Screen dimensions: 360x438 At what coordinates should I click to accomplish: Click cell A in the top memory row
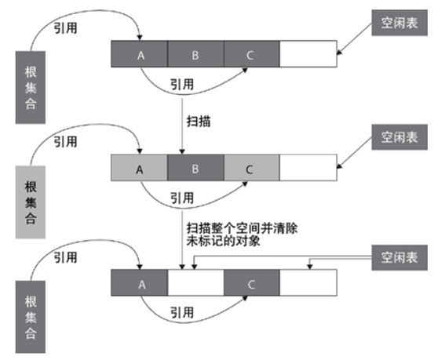point(140,54)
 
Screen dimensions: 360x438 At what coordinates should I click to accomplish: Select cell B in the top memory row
point(195,54)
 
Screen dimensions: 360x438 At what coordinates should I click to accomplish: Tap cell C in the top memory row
point(251,54)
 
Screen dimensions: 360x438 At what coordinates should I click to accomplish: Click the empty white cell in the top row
point(308,54)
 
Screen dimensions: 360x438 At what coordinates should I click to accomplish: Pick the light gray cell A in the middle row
point(140,168)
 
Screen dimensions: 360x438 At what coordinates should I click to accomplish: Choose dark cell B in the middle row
point(195,168)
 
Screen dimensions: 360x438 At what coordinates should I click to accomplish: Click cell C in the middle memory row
point(251,168)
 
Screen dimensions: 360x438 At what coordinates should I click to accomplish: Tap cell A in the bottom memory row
point(140,282)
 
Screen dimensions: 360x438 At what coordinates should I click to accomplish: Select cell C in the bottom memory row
point(251,282)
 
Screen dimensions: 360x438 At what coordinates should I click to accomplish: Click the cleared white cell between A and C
point(195,282)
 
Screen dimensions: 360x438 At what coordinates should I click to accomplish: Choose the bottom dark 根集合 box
point(31,314)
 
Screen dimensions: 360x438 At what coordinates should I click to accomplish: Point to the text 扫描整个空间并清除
point(241,228)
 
